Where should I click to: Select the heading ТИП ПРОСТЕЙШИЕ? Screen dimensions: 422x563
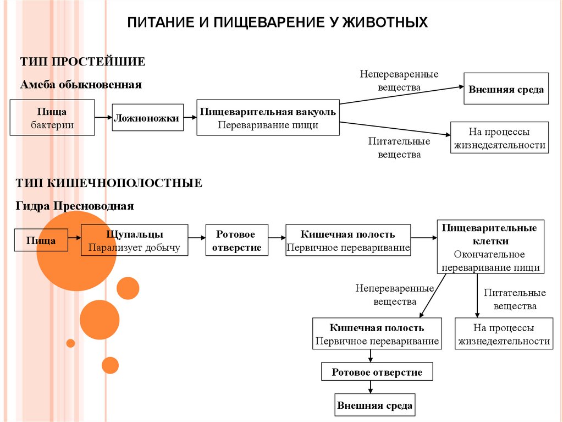83,61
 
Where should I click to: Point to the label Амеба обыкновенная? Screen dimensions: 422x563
81,85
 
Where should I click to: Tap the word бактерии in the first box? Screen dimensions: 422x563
52,125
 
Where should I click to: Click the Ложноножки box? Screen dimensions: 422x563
148,117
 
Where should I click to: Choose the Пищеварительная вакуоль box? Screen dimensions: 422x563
268,118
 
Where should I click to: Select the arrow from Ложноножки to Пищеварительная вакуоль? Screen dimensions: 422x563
190,117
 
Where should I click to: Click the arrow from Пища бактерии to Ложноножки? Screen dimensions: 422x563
103,117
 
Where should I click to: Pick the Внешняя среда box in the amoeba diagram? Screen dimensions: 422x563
506,89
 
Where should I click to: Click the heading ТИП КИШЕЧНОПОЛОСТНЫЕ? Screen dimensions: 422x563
109,183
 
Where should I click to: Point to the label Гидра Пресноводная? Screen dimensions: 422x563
78,206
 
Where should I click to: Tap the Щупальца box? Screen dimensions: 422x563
135,240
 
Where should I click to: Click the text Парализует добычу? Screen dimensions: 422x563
135,248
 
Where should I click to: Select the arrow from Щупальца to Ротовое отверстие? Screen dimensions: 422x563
197,238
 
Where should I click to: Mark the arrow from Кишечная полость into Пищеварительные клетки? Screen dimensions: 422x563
424,238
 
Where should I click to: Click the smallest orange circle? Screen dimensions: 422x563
70,343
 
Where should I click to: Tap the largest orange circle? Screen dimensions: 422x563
76,252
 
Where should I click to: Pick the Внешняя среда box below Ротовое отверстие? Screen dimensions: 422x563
374,406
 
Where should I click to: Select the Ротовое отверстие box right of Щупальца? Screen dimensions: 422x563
237,240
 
